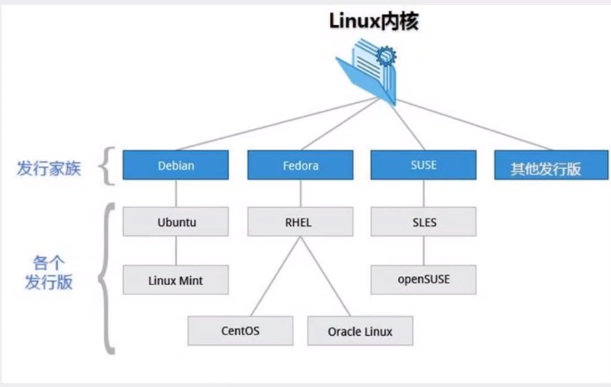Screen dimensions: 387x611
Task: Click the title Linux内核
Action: (x=374, y=21)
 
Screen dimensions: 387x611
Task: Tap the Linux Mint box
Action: (x=175, y=281)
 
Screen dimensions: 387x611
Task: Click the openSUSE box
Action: (x=423, y=279)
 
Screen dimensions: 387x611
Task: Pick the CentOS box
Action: (x=241, y=331)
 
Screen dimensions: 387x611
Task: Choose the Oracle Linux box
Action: (x=360, y=331)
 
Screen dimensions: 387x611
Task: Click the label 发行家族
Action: (x=49, y=168)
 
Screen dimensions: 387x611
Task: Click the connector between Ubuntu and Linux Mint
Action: (x=175, y=252)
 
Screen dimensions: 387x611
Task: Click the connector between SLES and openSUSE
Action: (x=423, y=252)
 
